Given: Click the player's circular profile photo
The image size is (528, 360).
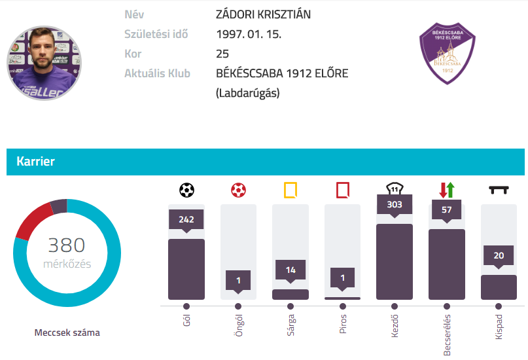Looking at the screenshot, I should [44, 63].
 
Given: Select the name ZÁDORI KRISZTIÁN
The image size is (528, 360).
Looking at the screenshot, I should [263, 14].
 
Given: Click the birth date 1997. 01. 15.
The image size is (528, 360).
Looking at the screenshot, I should [248, 34].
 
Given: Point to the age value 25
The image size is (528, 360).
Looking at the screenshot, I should [222, 54].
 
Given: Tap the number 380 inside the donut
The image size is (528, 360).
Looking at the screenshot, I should [67, 245].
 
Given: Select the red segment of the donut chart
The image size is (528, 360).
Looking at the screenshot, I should [31, 221].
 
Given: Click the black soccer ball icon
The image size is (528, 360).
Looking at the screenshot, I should [186, 190].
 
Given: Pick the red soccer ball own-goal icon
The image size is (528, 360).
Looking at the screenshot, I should [238, 190].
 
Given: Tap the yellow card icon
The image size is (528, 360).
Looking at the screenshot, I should [290, 190].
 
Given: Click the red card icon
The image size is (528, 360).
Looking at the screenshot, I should [342, 190].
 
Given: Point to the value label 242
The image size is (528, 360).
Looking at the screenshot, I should [186, 219].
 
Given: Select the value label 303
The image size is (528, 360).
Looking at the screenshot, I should [394, 204].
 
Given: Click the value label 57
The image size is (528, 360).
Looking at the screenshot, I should [447, 209].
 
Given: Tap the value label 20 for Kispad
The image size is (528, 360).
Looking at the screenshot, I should [499, 255].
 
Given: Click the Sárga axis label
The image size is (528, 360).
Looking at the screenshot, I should [290, 325].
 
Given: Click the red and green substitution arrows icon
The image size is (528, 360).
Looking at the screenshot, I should [447, 190].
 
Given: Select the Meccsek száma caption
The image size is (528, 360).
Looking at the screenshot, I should [67, 333].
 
